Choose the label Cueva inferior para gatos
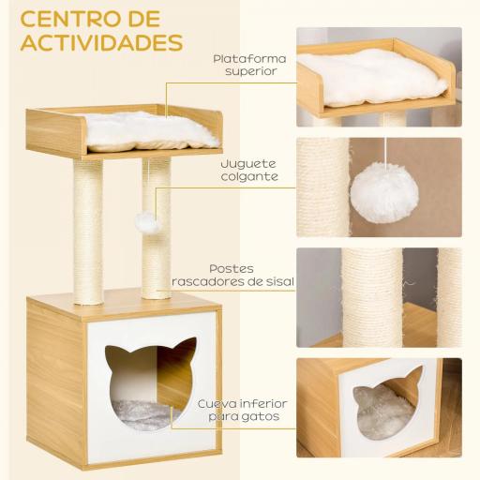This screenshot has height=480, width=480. point(242,410)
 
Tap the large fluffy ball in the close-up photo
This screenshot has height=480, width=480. point(382,193)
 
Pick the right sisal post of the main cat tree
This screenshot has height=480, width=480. point(157,253)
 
